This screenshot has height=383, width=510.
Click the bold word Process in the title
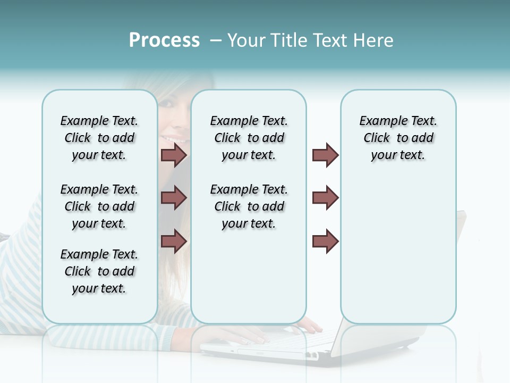click(x=164, y=40)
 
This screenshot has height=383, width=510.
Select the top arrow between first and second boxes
click(x=174, y=155)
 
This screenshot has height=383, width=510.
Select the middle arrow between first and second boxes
click(x=174, y=198)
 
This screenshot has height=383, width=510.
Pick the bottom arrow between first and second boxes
click(x=174, y=241)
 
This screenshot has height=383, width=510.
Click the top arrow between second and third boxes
click(x=325, y=155)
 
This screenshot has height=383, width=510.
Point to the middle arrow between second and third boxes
click(x=325, y=198)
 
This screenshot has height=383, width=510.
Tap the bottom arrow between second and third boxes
click(x=325, y=241)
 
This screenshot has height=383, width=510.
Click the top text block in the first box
click(x=99, y=138)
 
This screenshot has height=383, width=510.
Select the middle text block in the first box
click(x=99, y=206)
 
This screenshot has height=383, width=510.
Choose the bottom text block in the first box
click(x=99, y=271)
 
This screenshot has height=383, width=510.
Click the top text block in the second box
click(x=249, y=138)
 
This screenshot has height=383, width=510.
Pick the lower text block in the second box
click(x=249, y=206)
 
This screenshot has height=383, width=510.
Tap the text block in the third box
click(x=398, y=138)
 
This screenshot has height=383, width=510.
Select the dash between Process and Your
click(x=216, y=40)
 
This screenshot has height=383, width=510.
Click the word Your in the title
click(x=246, y=40)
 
